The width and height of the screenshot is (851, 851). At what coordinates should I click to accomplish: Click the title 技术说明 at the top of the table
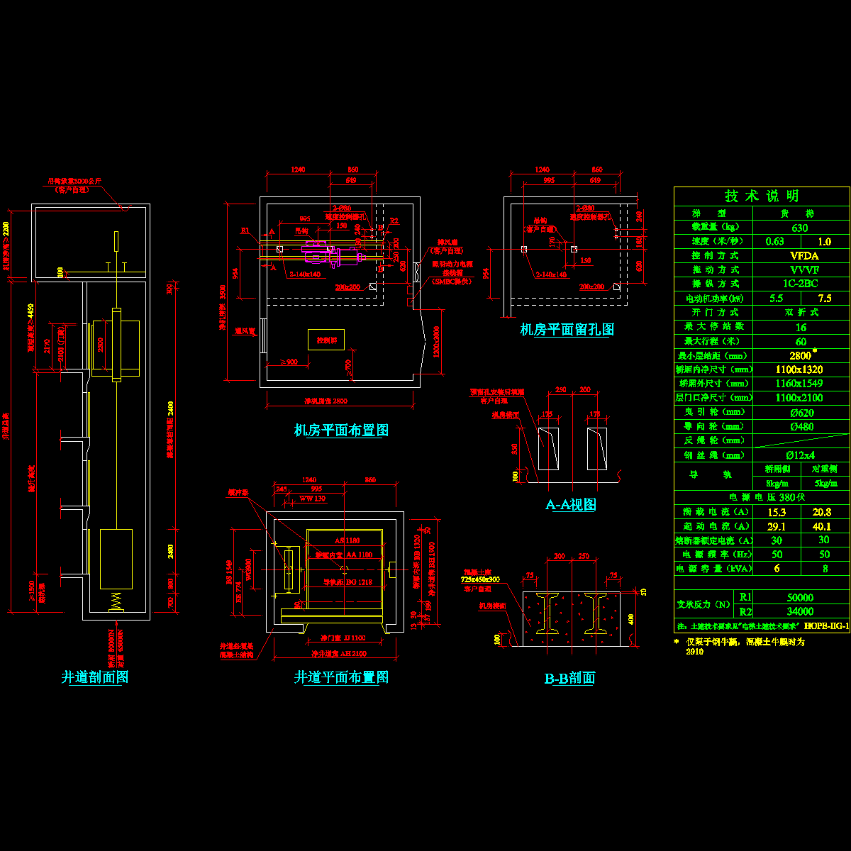tap(762, 196)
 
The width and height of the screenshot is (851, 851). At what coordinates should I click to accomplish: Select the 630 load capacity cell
tap(800, 228)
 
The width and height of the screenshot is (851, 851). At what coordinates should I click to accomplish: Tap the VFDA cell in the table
tap(800, 255)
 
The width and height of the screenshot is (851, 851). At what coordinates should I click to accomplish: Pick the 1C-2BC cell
tap(800, 284)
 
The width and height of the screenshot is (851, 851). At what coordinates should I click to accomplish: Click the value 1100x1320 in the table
tap(800, 369)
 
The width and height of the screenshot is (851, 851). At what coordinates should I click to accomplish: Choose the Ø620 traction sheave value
tap(800, 412)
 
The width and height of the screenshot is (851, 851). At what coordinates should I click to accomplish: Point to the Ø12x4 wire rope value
tap(800, 455)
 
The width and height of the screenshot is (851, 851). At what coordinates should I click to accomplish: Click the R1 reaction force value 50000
tap(800, 598)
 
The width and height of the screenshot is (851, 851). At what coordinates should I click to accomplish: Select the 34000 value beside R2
tap(800, 611)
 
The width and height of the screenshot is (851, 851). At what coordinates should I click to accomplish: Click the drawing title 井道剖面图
tap(95, 677)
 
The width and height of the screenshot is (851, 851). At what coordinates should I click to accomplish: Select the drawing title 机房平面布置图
tap(341, 430)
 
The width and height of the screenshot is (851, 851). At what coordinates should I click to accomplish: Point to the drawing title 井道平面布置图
tap(341, 677)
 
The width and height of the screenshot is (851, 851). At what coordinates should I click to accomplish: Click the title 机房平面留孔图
tap(567, 329)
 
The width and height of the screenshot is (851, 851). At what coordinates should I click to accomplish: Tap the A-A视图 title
tap(570, 504)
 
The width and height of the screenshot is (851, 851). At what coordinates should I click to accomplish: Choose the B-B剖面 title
tap(569, 678)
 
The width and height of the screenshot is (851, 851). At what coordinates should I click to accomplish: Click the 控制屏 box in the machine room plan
tap(326, 340)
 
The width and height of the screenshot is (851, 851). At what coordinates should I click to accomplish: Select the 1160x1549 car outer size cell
tap(800, 384)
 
